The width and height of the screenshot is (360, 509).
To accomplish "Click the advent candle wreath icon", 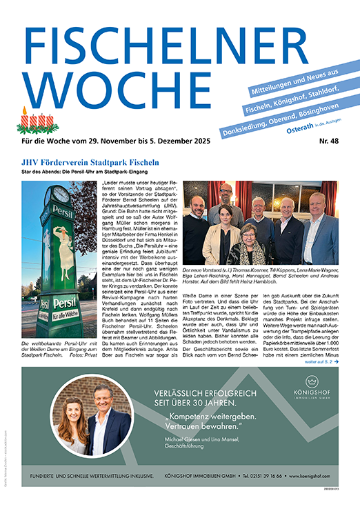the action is click(x=37, y=121).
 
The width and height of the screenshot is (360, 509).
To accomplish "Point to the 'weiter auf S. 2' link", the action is click(x=322, y=361).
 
